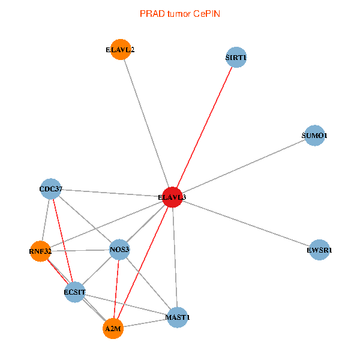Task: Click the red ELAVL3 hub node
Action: point(173,197)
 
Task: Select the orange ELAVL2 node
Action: point(120,50)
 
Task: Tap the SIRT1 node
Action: point(236,58)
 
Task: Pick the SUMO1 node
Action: point(314,136)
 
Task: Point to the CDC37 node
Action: point(50,190)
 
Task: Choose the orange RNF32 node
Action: point(40,251)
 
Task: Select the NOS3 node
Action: point(120,249)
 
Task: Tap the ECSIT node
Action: point(75,292)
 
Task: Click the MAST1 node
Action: point(178,317)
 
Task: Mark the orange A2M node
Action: point(113,329)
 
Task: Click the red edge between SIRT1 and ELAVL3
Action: point(205,127)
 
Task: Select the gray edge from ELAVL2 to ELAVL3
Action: point(146,123)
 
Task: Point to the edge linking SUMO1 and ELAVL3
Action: point(244,166)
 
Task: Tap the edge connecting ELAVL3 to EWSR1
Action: point(246,223)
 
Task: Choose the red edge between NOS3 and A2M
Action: point(116,289)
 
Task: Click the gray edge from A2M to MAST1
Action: point(145,323)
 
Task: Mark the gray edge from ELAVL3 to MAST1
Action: point(175,257)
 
